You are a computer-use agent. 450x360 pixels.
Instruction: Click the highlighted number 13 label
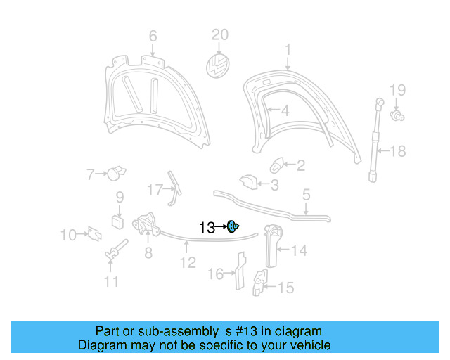pyautogui.click(x=207, y=227)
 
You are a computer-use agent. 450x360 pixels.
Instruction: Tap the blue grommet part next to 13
pyautogui.click(x=233, y=226)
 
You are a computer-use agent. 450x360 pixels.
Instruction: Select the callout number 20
pyautogui.click(x=221, y=35)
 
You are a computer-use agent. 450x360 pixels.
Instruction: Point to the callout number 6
pyautogui.click(x=153, y=36)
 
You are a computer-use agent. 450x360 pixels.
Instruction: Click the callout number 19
pyautogui.click(x=398, y=89)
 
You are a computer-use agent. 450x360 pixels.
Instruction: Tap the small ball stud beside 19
pyautogui.click(x=397, y=115)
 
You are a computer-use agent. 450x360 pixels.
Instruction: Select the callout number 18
pyautogui.click(x=398, y=150)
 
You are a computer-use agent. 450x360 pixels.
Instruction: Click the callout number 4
pyautogui.click(x=285, y=111)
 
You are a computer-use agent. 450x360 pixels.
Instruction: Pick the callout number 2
pyautogui.click(x=300, y=166)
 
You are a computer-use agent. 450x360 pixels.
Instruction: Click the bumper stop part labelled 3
pyautogui.click(x=247, y=182)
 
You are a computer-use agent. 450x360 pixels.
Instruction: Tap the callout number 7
pyautogui.click(x=90, y=174)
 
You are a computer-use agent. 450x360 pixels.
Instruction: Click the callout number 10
pyautogui.click(x=68, y=235)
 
